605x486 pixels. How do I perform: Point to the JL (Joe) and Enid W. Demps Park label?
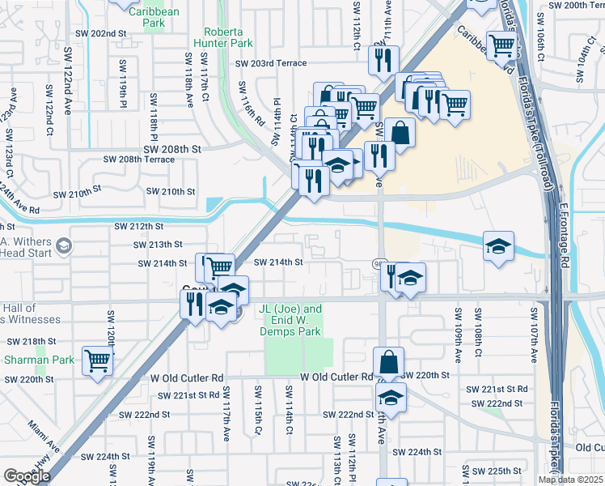pyautogui.click(x=290, y=320)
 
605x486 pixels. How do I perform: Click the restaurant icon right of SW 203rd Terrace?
pyautogui.click(x=383, y=59)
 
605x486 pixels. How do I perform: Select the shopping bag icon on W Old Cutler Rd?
pyautogui.click(x=389, y=360)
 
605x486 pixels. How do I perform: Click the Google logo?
pyautogui.click(x=27, y=476)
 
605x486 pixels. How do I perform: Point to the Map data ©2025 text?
pyautogui.click(x=570, y=480)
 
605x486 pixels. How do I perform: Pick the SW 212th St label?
pyautogui.click(x=138, y=226)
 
